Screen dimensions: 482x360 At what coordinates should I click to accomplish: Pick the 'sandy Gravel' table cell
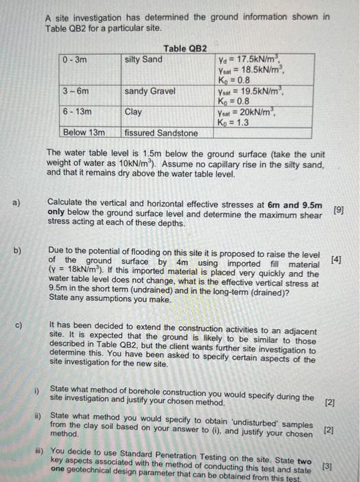(x=150, y=91)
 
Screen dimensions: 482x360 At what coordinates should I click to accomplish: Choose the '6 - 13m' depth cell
(x=77, y=111)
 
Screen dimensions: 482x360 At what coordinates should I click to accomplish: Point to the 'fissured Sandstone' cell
(x=161, y=132)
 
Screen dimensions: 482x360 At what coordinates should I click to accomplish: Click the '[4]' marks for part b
(x=336, y=260)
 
